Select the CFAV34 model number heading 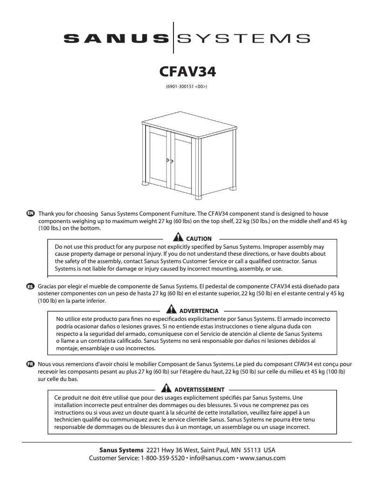[x=187, y=72]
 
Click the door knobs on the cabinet [x=170, y=161]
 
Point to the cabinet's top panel [x=187, y=125]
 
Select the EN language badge [x=31, y=213]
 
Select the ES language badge [x=31, y=286]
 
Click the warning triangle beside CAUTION [x=180, y=238]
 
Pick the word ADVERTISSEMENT [x=199, y=389]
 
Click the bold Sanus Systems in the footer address [x=121, y=450]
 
